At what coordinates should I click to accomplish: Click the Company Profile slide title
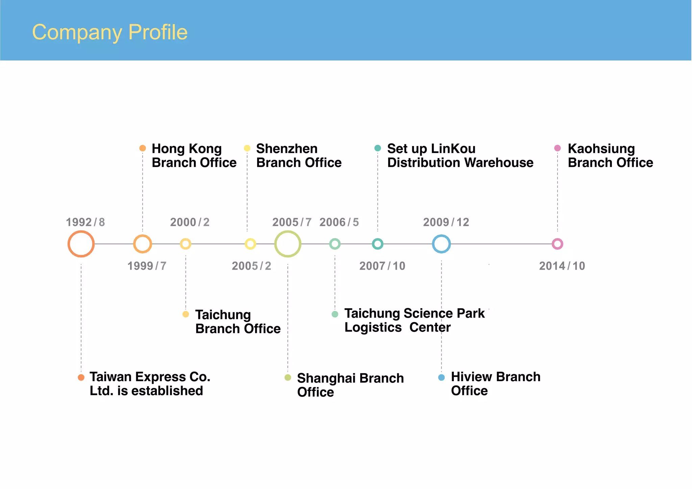(109, 32)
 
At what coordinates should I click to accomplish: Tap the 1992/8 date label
(85, 222)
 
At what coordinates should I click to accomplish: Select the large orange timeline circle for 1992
(81, 244)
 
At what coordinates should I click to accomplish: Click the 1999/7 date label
(147, 266)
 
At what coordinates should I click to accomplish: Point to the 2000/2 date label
(190, 222)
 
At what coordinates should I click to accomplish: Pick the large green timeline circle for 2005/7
(288, 244)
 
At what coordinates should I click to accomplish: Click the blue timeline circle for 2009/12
(441, 244)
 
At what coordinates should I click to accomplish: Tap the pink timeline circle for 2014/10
(557, 244)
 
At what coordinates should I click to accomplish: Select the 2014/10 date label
(562, 266)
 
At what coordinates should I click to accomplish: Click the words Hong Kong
(187, 149)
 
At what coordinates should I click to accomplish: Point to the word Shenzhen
(287, 149)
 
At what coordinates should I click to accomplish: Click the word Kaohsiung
(601, 149)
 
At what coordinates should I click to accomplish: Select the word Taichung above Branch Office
(223, 315)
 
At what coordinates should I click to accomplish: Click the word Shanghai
(323, 378)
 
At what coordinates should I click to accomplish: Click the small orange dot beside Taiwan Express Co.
(81, 377)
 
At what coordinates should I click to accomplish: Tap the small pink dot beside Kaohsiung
(558, 148)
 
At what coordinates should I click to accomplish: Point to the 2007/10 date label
(382, 266)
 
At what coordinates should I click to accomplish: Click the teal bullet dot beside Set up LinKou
(378, 148)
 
